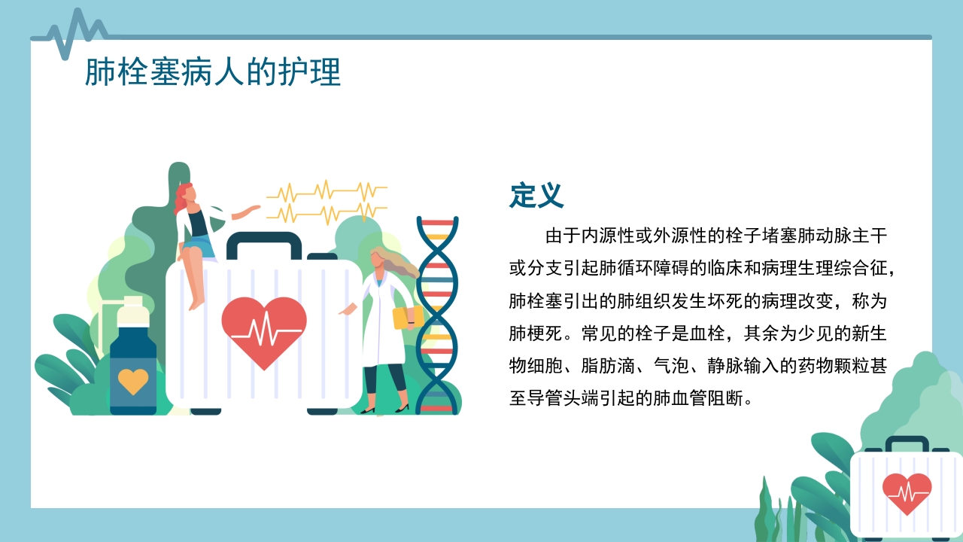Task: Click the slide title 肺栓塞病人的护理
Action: tap(212, 74)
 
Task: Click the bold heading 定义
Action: tap(536, 196)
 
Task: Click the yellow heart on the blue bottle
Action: tap(133, 382)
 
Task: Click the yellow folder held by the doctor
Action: tap(407, 316)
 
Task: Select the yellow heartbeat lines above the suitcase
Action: tap(327, 201)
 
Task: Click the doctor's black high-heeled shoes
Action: tap(385, 409)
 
